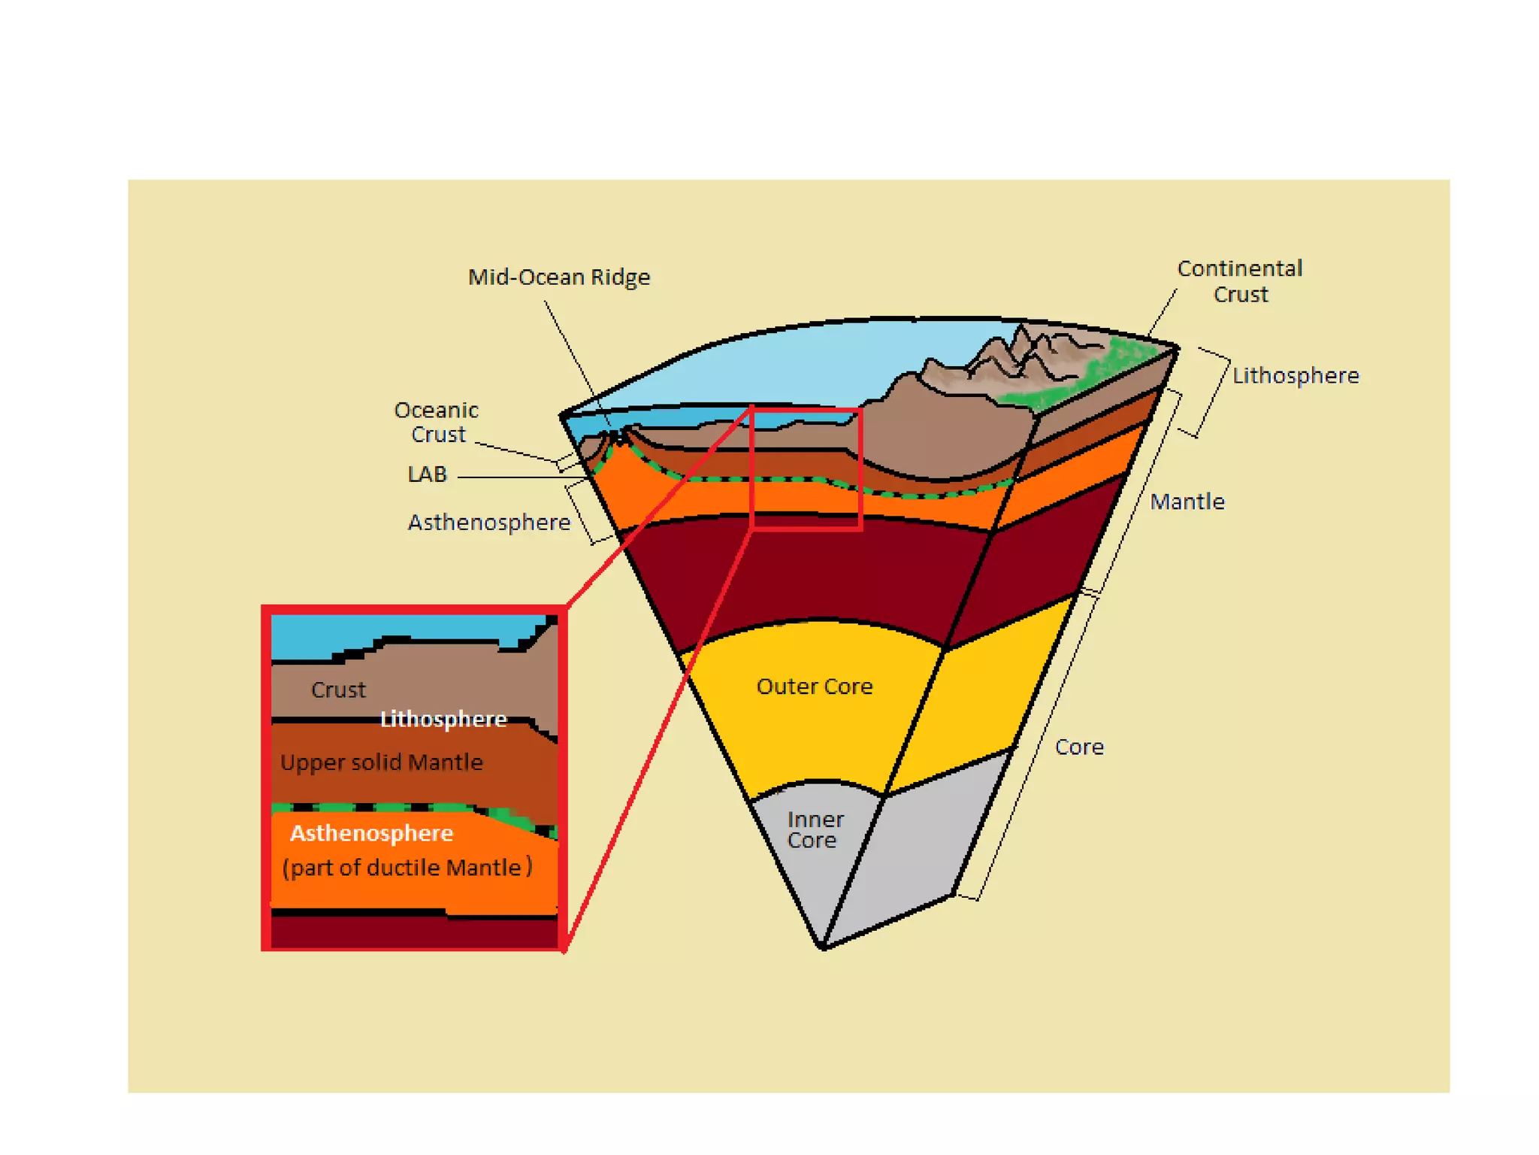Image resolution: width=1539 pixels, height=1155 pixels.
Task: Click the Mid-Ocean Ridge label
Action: pos(558,277)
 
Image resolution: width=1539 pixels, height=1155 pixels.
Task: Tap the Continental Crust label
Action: pos(1239,281)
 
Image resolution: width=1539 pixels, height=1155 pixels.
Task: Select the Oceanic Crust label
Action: pos(437,422)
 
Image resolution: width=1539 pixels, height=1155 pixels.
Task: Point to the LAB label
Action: pos(427,474)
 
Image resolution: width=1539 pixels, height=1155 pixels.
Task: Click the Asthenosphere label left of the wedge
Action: pos(488,523)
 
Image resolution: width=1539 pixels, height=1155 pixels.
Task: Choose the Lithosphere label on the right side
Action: pos(1296,376)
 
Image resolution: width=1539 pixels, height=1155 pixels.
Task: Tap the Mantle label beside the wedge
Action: pos(1187,502)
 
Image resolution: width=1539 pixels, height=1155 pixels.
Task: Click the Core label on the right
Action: pos(1079,747)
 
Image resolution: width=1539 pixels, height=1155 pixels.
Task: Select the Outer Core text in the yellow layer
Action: pos(815,687)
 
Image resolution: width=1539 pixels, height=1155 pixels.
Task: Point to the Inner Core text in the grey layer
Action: pos(815,830)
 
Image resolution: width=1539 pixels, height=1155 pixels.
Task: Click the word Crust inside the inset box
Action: pos(338,690)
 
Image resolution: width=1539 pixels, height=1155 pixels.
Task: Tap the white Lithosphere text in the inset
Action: pos(443,720)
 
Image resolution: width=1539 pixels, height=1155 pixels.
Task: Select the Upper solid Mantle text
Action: pos(382,762)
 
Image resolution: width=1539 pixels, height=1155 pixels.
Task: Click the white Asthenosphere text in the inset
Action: pos(371,833)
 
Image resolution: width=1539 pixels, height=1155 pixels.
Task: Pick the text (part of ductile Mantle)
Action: pos(407,868)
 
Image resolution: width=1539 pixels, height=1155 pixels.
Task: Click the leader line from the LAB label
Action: pos(519,477)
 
